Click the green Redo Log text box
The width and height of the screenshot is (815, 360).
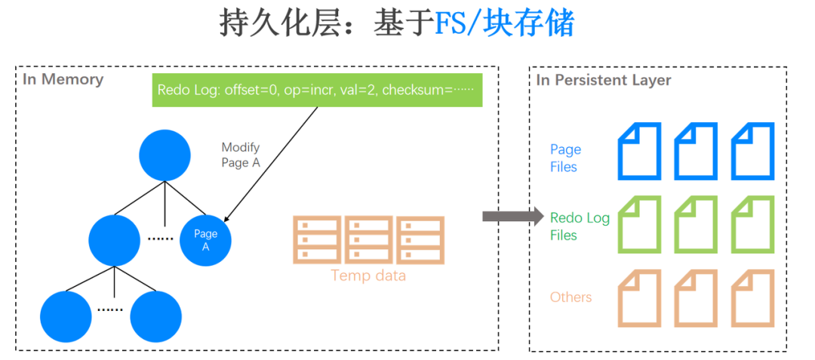[x=317, y=90]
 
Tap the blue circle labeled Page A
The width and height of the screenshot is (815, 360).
[x=205, y=241]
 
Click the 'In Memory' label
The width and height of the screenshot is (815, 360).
[x=63, y=79]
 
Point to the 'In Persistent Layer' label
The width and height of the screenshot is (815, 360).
[x=604, y=80]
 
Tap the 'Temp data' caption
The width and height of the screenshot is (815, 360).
[x=368, y=275]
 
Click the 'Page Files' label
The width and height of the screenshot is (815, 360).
[x=565, y=158]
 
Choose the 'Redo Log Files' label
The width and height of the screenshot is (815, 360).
[x=580, y=226]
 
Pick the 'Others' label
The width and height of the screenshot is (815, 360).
[x=570, y=297]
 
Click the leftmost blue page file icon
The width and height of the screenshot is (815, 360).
[x=639, y=151]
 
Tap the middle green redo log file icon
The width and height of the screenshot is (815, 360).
[x=695, y=224]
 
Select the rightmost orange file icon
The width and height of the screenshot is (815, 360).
[x=753, y=297]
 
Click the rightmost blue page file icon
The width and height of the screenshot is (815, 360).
[x=753, y=151]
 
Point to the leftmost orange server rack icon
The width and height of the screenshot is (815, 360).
[x=315, y=240]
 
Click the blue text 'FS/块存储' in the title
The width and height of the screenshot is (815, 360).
[x=504, y=24]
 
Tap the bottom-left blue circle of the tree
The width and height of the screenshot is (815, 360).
[x=66, y=315]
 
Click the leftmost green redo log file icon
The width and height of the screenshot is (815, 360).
[x=639, y=224]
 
